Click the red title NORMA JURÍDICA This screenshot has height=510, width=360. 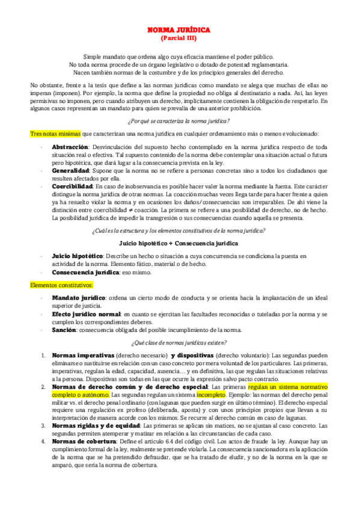pos(178,29)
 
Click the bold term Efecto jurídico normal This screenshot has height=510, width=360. pos(86,313)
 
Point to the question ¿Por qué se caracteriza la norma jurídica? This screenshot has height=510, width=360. pos(178,121)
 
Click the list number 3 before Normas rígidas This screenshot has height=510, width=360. pos(44,426)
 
